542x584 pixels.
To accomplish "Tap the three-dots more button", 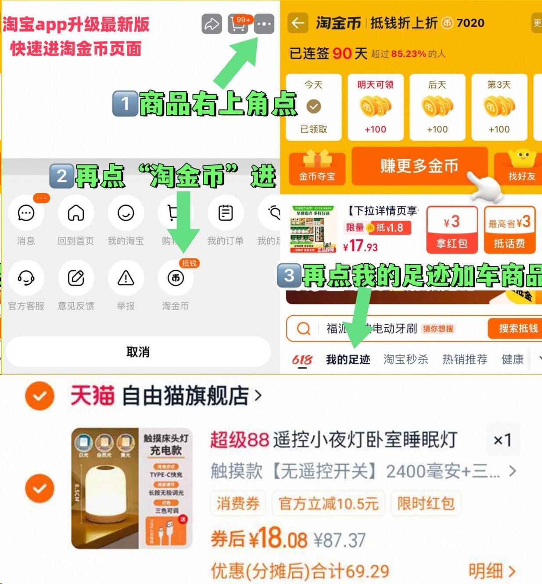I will [264, 24].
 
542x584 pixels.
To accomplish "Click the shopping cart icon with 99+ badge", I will [238, 24].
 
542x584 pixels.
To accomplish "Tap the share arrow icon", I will [212, 24].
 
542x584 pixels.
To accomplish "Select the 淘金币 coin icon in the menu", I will [176, 278].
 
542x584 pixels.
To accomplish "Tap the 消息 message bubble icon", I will [26, 213].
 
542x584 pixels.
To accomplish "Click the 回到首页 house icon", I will [76, 213].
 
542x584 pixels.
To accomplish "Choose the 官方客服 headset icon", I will [26, 278].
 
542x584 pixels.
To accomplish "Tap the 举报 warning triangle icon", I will [126, 278].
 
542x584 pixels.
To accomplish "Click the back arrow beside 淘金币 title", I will [298, 23].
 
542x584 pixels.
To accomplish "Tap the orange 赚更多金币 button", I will [419, 166].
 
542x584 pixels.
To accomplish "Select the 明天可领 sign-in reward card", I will [375, 107].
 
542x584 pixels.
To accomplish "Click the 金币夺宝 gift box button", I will [317, 167].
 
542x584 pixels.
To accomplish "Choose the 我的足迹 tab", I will [348, 360].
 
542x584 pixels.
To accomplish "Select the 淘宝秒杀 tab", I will [406, 360].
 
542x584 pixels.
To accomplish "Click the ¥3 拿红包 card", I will [452, 230].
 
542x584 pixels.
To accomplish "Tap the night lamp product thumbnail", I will [132, 488].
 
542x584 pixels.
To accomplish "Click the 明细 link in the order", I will [491, 571].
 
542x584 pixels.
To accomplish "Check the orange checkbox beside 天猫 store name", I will [39, 396].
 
